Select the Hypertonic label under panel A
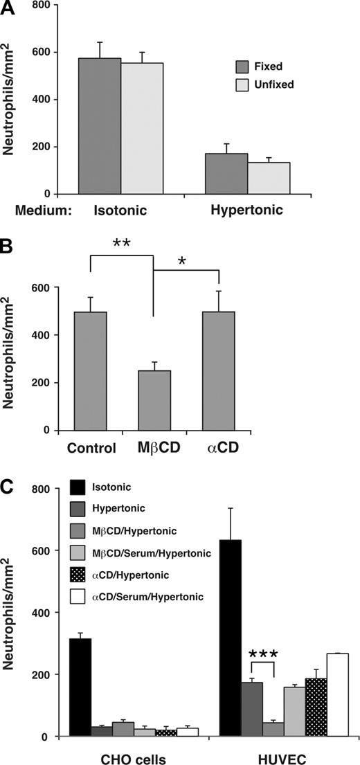click(248, 208)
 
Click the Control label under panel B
click(92, 447)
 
